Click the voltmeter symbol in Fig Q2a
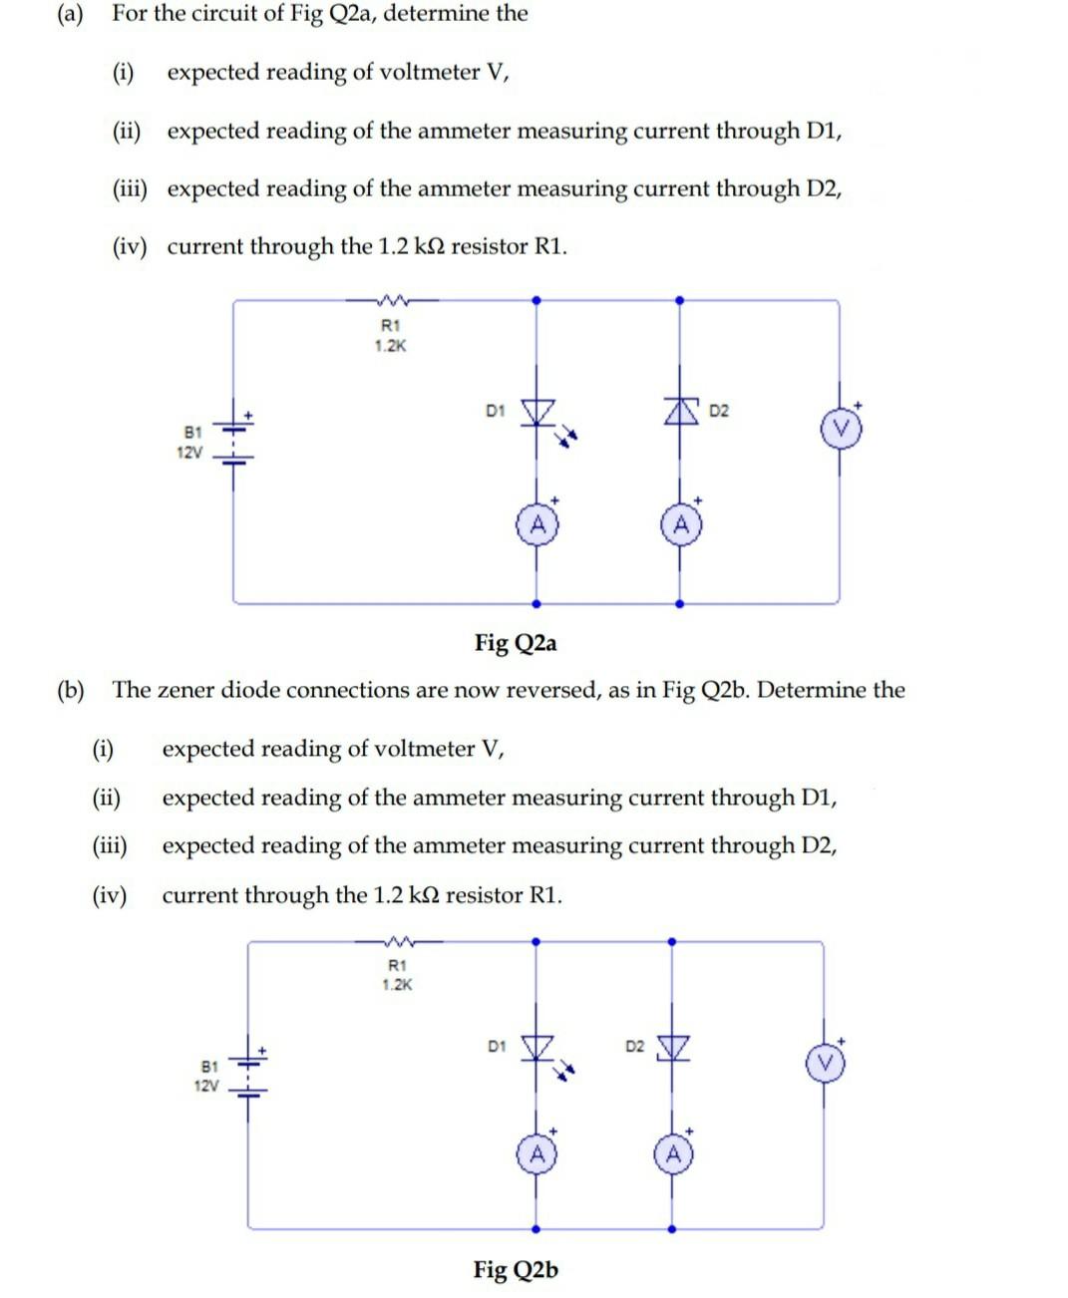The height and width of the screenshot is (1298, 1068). click(840, 432)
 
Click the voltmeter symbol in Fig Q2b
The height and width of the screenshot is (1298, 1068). click(824, 1064)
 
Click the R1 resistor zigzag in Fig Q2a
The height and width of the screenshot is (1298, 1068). click(390, 298)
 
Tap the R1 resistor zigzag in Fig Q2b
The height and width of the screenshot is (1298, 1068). click(397, 939)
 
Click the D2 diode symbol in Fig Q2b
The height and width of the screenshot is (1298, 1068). click(673, 1048)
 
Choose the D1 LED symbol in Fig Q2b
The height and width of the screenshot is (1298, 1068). click(538, 1048)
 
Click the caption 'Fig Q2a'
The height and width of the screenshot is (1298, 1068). click(516, 643)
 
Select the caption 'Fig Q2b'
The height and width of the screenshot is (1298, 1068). click(516, 1270)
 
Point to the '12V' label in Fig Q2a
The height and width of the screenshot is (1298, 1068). click(189, 453)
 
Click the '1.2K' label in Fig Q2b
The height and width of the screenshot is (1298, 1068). click(397, 984)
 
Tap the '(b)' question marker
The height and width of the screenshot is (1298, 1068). click(71, 690)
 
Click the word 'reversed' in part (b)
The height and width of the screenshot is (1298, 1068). click(552, 690)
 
